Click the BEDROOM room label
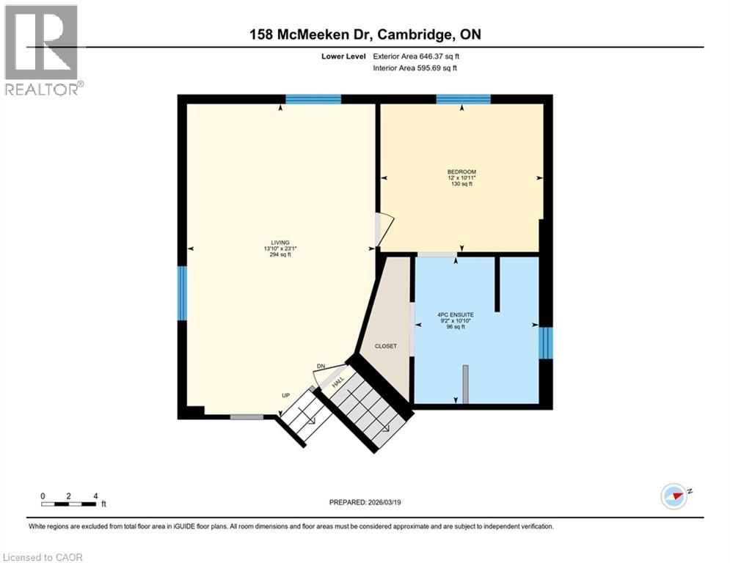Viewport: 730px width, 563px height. [x=461, y=172]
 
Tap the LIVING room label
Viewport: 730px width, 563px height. [x=280, y=243]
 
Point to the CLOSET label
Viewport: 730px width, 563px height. [x=386, y=347]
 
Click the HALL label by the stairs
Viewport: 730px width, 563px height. [x=338, y=382]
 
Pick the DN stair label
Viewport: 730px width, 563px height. [x=321, y=367]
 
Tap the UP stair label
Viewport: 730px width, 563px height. [x=286, y=396]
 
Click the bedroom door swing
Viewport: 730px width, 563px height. [x=384, y=227]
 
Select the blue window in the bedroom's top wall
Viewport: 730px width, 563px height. [x=463, y=99]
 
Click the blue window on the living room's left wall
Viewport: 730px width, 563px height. [x=182, y=293]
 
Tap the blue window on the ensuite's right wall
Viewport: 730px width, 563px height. [x=545, y=343]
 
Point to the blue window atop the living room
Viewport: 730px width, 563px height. [x=313, y=99]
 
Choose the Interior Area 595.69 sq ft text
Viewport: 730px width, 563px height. [x=416, y=68]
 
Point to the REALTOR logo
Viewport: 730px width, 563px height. [x=42, y=50]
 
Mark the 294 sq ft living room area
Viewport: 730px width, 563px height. [x=280, y=255]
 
